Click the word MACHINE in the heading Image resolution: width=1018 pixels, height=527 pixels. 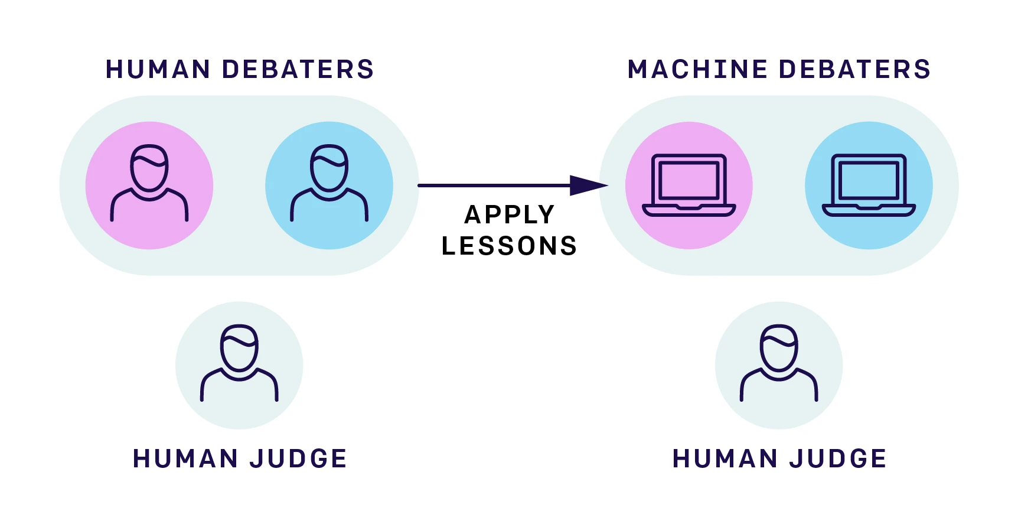(697, 69)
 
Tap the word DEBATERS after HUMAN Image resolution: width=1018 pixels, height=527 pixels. (298, 69)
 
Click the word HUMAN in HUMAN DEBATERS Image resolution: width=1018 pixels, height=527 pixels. (158, 69)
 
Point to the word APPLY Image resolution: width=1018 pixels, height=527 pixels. (510, 214)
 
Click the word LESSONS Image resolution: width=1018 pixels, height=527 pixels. (509, 246)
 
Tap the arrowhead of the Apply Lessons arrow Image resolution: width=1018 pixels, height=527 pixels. (589, 186)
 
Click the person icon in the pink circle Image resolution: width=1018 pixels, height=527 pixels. (149, 183)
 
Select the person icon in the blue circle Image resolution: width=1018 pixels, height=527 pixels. (329, 183)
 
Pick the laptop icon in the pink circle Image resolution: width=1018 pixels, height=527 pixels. (689, 186)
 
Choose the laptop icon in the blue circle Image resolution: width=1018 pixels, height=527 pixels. (869, 186)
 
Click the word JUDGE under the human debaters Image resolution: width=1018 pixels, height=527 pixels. (298, 459)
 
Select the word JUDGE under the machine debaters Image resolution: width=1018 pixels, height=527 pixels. (838, 459)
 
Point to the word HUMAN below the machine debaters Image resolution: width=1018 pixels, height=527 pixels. (725, 459)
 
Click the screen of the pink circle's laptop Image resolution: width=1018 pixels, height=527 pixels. (689, 180)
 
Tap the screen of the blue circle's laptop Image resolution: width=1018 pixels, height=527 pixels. (869, 180)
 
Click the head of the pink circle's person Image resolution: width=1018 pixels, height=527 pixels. (149, 168)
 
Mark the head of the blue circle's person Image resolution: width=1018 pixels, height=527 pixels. (329, 168)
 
